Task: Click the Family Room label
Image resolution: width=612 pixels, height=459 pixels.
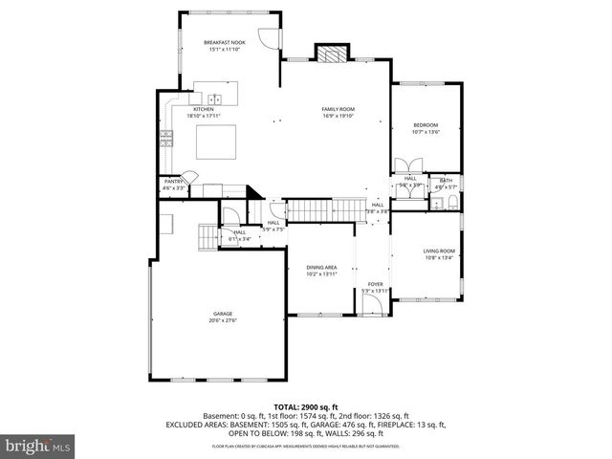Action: pyautogui.click(x=338, y=110)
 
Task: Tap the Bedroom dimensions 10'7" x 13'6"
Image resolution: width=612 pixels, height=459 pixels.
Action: pyautogui.click(x=426, y=132)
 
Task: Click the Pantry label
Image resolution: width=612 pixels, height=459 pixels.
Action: pyautogui.click(x=174, y=181)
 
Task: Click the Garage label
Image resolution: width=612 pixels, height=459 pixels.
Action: pyautogui.click(x=222, y=313)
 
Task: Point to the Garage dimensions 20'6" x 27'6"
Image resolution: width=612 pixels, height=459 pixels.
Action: pyautogui.click(x=222, y=319)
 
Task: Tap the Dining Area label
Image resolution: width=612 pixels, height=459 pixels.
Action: pyautogui.click(x=321, y=267)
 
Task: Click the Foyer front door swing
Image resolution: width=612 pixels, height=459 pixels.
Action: pyautogui.click(x=372, y=303)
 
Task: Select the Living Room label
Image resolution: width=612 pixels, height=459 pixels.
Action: pyautogui.click(x=440, y=251)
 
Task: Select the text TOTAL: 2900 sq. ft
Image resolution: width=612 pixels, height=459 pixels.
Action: pyautogui.click(x=305, y=407)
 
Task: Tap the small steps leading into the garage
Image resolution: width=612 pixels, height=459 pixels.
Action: pyautogui.click(x=207, y=234)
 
